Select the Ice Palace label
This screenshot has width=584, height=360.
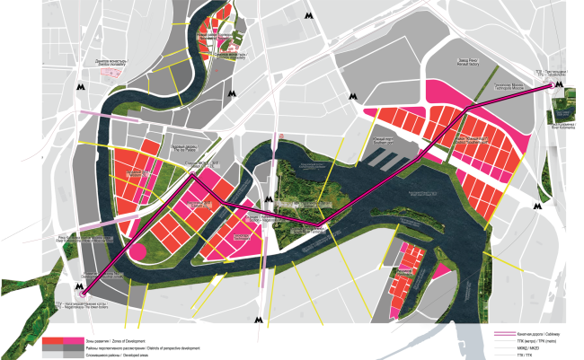coord(184,148)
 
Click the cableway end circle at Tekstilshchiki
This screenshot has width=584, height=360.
coord(552,87)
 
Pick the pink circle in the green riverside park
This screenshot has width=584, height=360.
coord(139,251)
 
